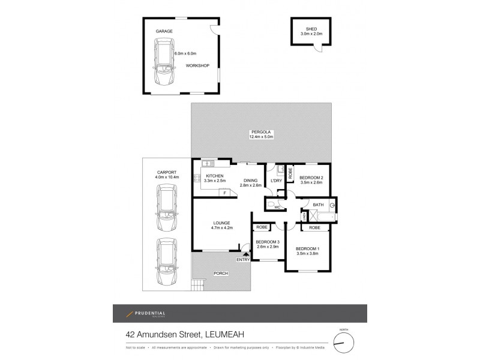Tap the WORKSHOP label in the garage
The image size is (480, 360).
tap(197, 65)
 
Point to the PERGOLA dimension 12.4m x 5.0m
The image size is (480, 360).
tap(261, 137)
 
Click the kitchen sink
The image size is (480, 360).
tap(209, 163)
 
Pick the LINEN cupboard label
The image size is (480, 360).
tap(304, 215)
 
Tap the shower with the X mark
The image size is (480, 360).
tap(313, 215)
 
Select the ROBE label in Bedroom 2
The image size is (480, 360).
tap(290, 174)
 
